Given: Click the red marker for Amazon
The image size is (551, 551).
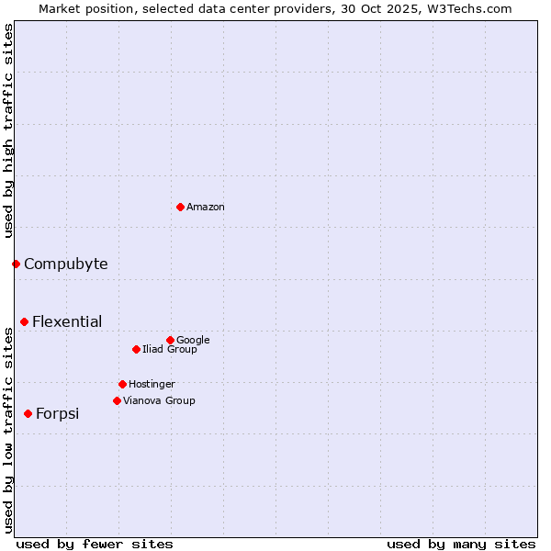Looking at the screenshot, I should tap(180, 207).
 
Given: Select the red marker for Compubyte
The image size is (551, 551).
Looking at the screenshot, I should tap(16, 264).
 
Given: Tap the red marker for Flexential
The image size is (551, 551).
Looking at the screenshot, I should tap(24, 321).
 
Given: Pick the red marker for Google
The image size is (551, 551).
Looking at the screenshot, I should tap(170, 340).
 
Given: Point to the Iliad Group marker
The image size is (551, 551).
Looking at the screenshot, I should tap(136, 349).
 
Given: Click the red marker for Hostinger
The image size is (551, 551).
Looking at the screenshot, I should tap(122, 384).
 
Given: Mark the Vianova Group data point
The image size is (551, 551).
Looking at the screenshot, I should tap(117, 400).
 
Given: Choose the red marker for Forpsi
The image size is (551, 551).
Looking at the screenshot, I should tap(28, 413).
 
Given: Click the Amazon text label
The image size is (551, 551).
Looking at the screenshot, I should tap(205, 208).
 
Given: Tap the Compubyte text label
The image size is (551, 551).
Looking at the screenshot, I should tap(65, 264).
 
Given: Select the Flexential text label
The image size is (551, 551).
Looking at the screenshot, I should tap(67, 321).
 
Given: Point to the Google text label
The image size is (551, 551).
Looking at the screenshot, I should tap(193, 340).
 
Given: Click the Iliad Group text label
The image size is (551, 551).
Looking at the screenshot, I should tap(169, 349).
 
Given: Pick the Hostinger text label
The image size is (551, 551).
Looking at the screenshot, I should tap(152, 384).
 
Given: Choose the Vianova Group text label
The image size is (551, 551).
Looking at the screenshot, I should tap(159, 400).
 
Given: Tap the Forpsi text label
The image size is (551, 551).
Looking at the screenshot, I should tap(57, 413).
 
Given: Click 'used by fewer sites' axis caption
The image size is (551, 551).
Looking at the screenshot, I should tap(95, 544).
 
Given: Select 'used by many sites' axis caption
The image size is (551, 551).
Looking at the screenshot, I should tap(461, 544).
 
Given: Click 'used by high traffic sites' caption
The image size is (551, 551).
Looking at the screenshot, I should tap(8, 130).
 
